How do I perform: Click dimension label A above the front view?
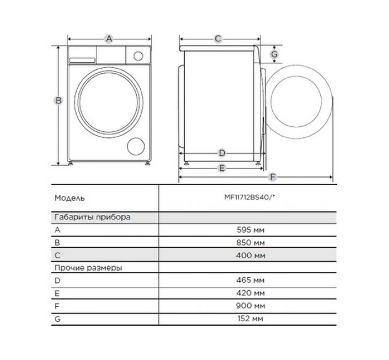click(109, 39)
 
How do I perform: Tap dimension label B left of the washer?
click(58, 101)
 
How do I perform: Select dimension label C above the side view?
click(218, 39)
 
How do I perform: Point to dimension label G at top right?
click(275, 54)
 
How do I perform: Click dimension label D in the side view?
click(222, 153)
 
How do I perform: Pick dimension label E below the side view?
click(222, 168)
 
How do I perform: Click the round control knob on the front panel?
click(137, 55)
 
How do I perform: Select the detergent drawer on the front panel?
click(82, 55)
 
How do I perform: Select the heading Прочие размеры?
click(89, 267)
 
